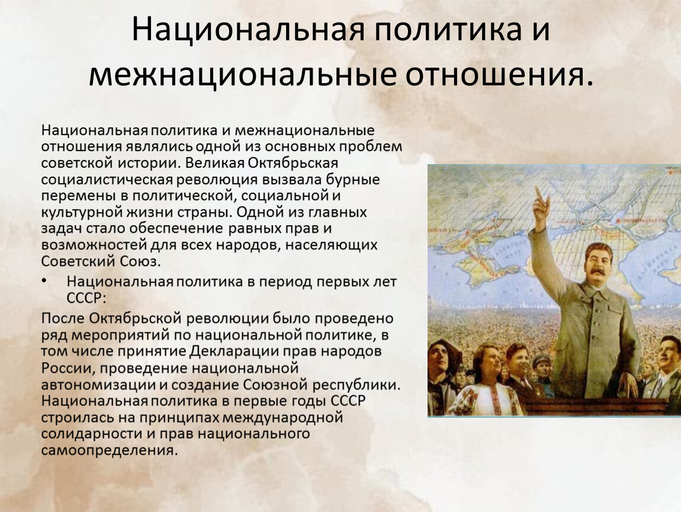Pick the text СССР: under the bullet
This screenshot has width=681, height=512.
tap(86, 298)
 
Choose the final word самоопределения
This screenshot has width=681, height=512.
tap(110, 450)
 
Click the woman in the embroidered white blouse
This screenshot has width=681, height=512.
tap(484, 382)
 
